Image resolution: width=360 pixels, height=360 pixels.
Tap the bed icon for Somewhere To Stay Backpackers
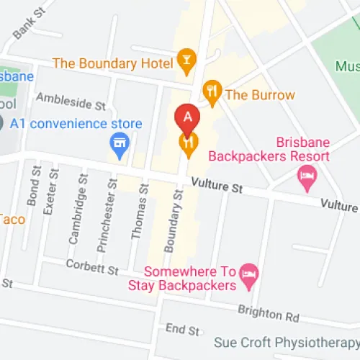click(249, 273)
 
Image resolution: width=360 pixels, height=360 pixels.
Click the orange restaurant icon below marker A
click(189, 146)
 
